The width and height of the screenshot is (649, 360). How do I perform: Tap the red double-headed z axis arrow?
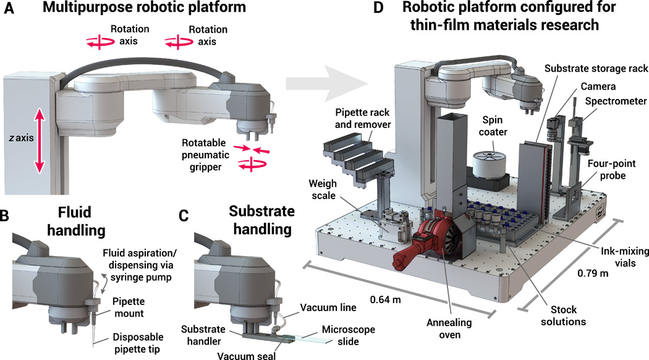click(x=40, y=140)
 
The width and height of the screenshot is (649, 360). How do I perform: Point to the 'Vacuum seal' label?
click(x=240, y=353)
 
